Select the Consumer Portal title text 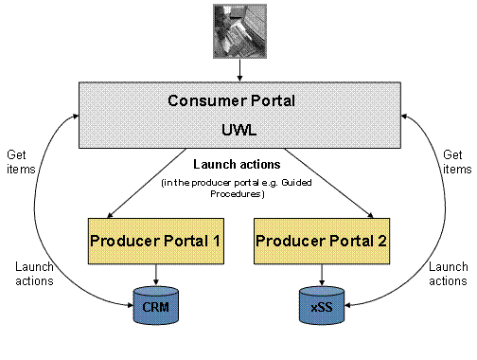point(238,100)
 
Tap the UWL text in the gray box point(238,123)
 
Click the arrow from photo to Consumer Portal point(238,69)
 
